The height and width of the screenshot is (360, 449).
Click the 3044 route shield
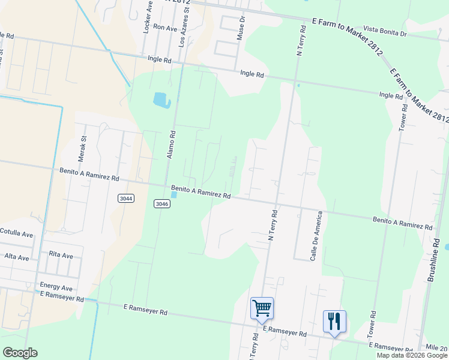pos(126,198)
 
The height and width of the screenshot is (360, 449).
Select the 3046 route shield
pos(161,203)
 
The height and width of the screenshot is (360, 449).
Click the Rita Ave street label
pos(61,255)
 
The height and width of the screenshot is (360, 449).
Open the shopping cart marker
pos(262,308)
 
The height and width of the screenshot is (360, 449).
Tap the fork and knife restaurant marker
pos(334,321)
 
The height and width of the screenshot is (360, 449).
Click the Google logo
pos(20,353)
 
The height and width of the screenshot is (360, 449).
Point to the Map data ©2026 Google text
pos(412,355)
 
